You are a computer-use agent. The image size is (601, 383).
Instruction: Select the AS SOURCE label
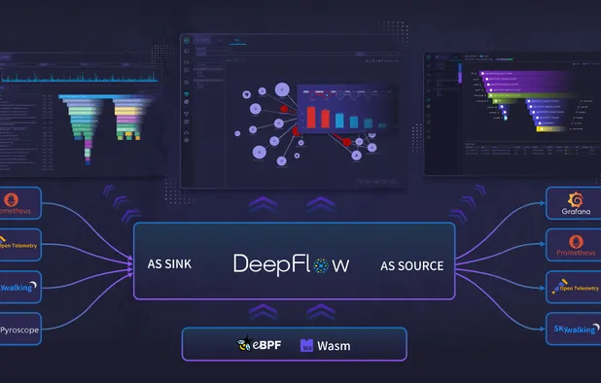[412, 265]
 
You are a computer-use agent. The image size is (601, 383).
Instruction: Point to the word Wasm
[334, 345]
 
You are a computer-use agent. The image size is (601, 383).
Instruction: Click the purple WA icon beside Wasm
[307, 345]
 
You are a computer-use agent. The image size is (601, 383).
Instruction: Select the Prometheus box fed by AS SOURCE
[572, 246]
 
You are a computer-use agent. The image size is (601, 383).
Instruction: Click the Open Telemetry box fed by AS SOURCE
[572, 289]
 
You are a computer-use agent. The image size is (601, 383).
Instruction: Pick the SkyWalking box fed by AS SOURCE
[572, 331]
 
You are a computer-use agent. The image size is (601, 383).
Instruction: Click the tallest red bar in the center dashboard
[312, 116]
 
